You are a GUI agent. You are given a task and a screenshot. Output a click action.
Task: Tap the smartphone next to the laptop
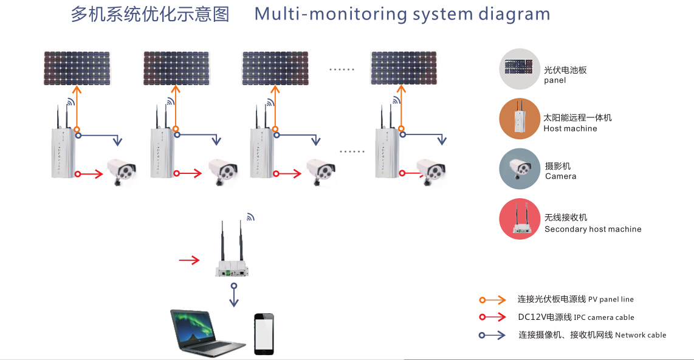tap(264, 333)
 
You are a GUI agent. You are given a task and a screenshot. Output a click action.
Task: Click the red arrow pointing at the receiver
tap(189, 260)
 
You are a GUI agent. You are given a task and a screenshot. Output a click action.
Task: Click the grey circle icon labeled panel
tap(520, 69)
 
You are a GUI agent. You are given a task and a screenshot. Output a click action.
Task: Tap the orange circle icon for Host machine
tap(520, 119)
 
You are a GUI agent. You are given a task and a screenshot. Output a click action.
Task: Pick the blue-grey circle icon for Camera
tap(520, 168)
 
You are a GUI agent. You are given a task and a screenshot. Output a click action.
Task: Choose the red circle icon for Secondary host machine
tap(520, 219)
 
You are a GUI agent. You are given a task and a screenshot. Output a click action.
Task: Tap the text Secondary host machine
tap(593, 229)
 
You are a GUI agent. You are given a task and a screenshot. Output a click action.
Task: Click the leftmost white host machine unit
tap(62, 152)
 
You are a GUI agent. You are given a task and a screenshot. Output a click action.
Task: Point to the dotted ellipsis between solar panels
tap(342, 69)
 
